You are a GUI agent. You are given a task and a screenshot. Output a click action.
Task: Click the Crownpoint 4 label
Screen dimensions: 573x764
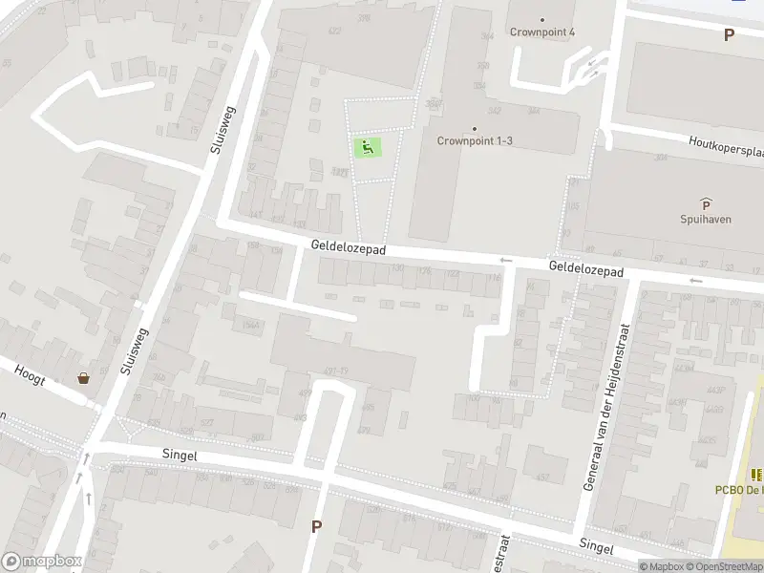point(542,32)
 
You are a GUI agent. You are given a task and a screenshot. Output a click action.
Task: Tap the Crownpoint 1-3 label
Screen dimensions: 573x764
point(475,140)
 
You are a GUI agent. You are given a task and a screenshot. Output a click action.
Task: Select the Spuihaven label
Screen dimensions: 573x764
point(706,218)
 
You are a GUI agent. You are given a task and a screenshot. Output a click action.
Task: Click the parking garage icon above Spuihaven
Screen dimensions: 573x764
point(706,202)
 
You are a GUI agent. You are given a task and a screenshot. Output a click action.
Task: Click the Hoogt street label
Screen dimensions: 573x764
point(30,372)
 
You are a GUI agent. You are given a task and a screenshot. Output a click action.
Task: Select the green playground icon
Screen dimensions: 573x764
point(368,147)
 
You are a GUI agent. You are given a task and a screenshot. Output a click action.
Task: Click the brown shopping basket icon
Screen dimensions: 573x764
point(84,377)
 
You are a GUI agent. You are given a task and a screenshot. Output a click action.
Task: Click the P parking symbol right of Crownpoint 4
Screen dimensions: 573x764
point(730,34)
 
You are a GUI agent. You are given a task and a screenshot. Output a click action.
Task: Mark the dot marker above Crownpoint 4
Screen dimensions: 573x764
point(542,19)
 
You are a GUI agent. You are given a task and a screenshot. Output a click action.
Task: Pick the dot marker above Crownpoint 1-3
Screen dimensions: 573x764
point(475,128)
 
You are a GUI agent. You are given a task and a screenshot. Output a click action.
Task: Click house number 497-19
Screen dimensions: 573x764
point(335,371)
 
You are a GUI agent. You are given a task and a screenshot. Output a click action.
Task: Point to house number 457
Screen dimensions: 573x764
point(542,477)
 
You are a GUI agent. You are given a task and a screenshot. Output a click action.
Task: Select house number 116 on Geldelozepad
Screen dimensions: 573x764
point(494,278)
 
